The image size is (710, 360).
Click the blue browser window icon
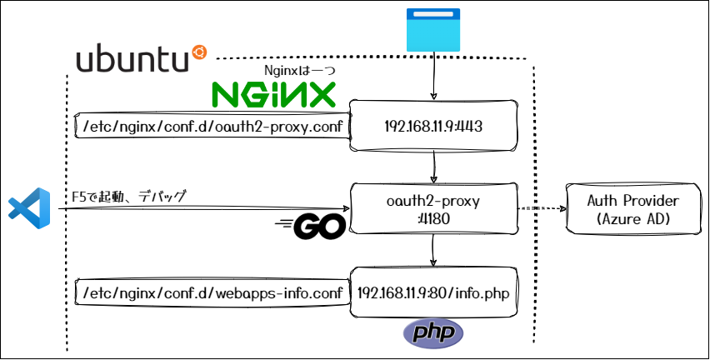click(433, 31)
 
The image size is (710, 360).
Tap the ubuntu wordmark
click(131, 59)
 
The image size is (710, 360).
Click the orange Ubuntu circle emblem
click(199, 52)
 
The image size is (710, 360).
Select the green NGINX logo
click(273, 94)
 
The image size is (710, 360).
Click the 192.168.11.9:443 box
click(433, 127)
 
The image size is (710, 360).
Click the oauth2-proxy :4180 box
click(433, 209)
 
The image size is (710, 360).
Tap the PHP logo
click(432, 333)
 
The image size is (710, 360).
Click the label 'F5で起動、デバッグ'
click(129, 197)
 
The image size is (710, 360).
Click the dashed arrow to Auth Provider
click(542, 209)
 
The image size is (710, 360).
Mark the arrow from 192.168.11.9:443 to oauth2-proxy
click(433, 167)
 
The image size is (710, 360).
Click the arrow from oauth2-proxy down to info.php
click(433, 251)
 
